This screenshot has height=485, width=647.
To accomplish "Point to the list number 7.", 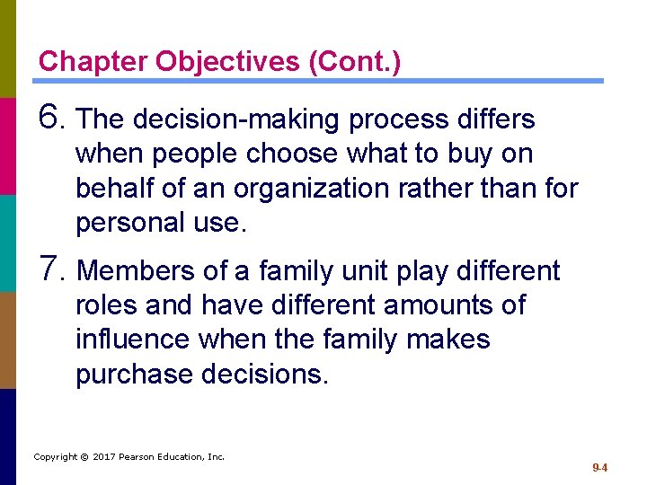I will click(52, 269).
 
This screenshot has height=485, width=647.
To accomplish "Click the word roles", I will click(106, 304).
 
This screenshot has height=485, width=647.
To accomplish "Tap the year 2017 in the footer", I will click(106, 457).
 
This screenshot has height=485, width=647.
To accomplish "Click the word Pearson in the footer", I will click(140, 457).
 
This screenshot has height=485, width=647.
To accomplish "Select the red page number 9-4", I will click(600, 468).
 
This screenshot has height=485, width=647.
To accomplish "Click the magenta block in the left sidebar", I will click(7, 145).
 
